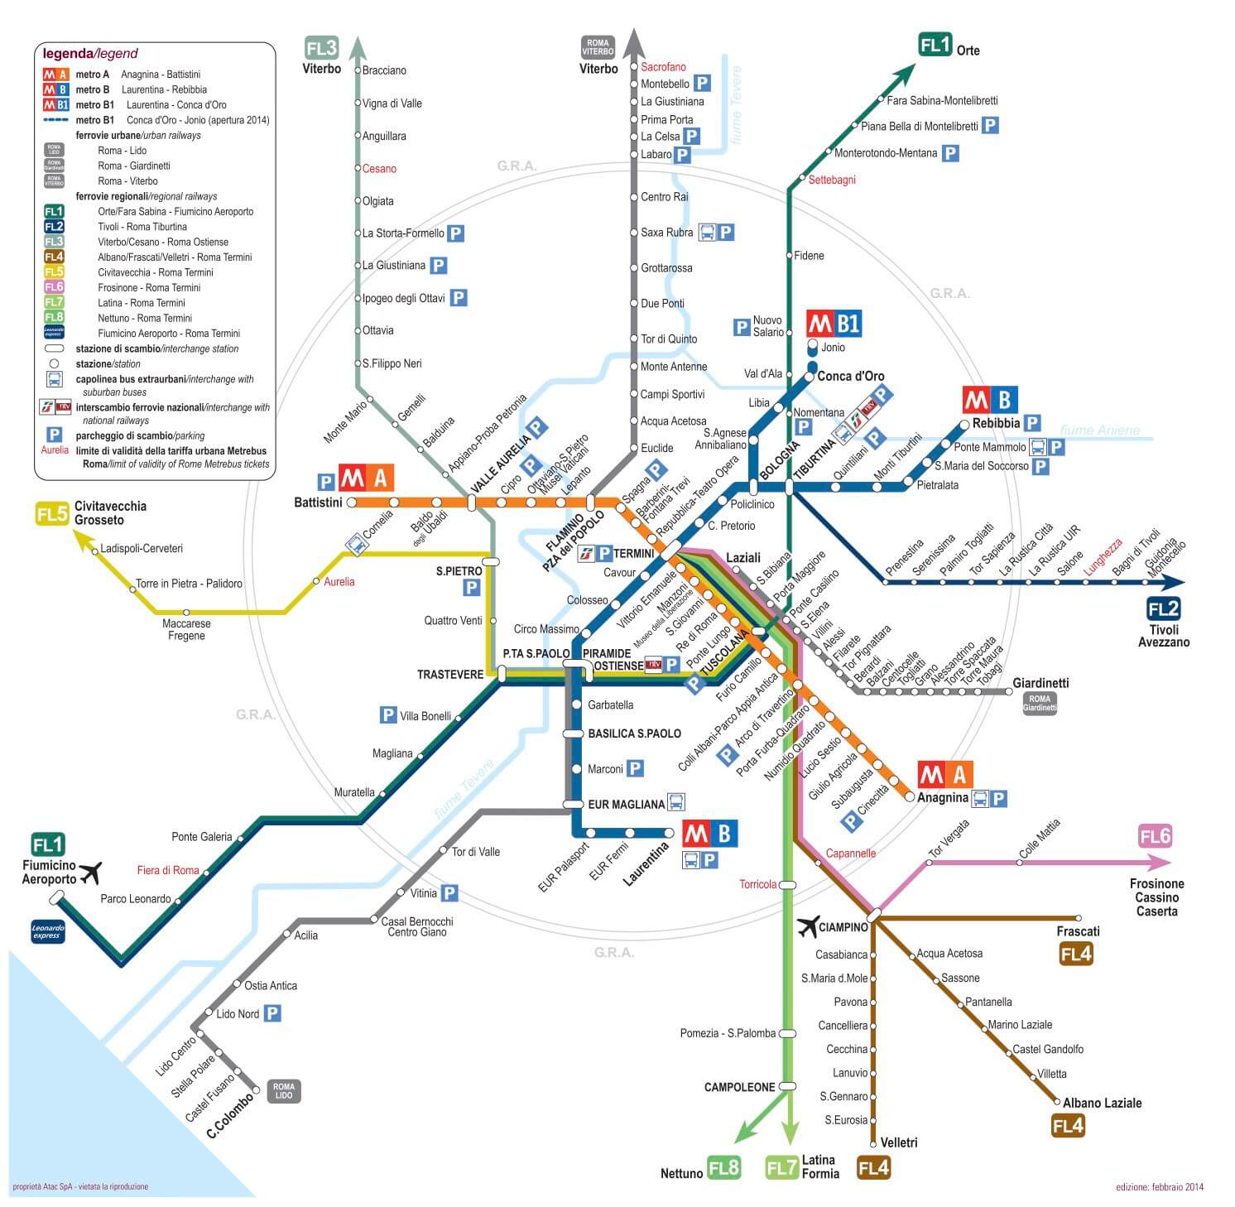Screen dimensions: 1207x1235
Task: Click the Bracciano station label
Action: coord(384,70)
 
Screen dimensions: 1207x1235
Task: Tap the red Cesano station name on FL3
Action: coord(379,169)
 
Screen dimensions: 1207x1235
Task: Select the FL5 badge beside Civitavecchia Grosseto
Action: coord(51,514)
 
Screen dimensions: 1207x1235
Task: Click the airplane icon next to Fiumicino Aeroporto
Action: coord(89,873)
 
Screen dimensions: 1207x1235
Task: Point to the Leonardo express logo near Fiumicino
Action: coord(47,932)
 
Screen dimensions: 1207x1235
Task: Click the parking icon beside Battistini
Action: coord(326,482)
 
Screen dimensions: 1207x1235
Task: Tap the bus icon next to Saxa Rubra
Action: coord(707,233)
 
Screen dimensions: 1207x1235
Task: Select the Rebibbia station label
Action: coord(996,423)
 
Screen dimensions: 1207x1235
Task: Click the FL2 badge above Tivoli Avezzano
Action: coord(1163,610)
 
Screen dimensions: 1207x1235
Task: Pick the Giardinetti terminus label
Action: coord(1040,683)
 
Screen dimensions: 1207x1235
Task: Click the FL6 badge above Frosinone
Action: coord(1156,836)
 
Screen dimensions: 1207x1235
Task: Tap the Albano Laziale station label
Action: coord(1102,1103)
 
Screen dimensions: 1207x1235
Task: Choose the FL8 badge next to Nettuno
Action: coord(723,1167)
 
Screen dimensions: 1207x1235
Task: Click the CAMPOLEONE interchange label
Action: coord(739,1087)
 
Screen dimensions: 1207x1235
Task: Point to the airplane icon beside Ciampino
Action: coord(807,927)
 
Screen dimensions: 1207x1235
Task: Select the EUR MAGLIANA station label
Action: coord(626,804)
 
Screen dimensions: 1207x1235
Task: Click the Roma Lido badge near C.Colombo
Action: coord(283,1091)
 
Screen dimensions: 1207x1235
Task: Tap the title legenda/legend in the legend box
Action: coord(90,54)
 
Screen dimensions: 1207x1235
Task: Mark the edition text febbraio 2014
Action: coord(1159,1187)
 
